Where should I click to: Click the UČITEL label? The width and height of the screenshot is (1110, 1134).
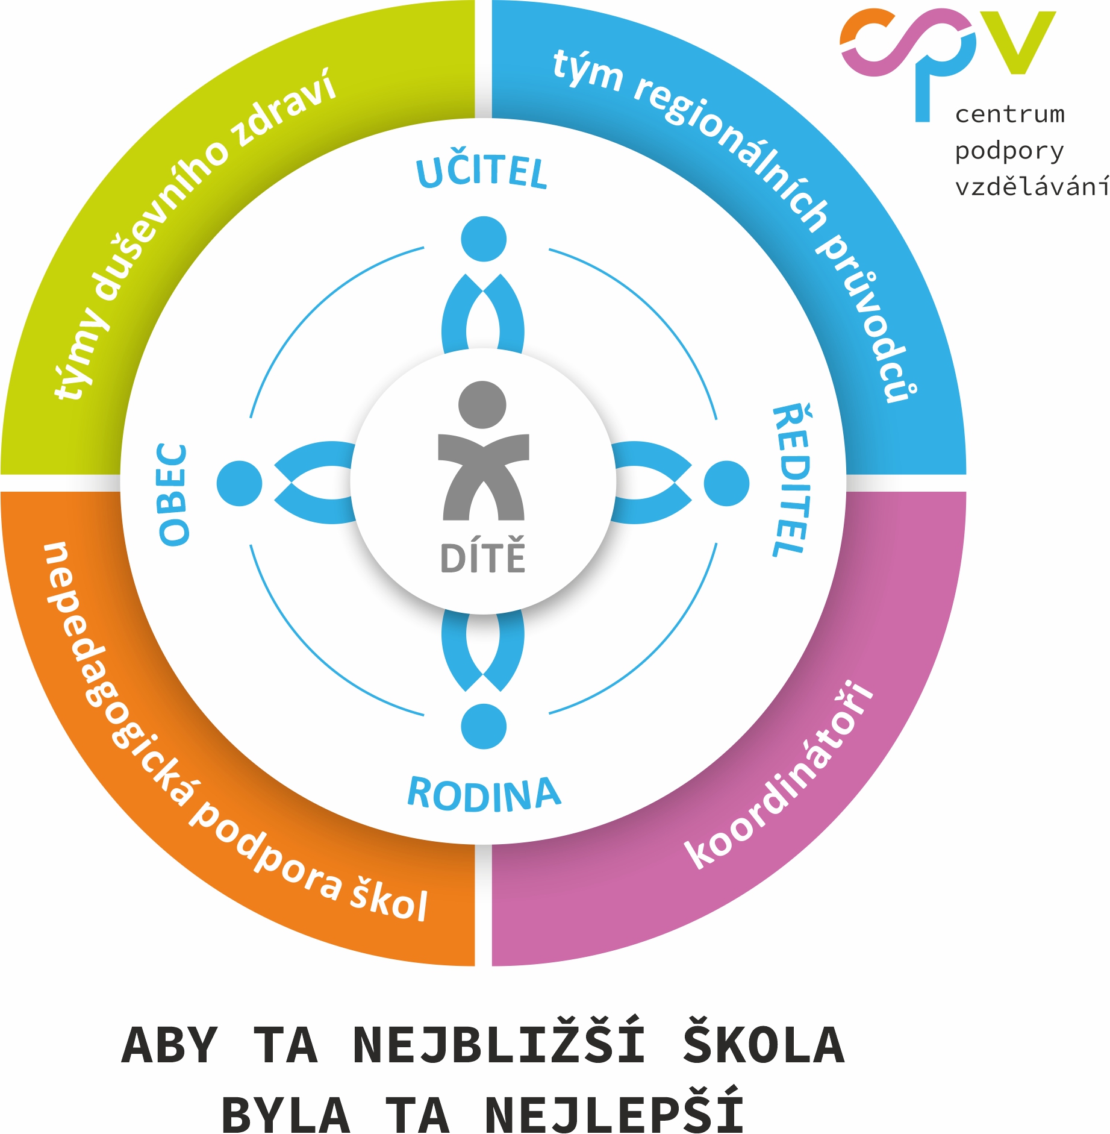tap(482, 172)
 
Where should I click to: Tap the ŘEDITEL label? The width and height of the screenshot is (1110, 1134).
tap(791, 481)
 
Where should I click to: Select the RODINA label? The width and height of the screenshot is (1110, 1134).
tap(484, 793)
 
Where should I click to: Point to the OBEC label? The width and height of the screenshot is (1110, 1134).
tap(173, 494)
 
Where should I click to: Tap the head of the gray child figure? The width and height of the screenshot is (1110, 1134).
tap(482, 404)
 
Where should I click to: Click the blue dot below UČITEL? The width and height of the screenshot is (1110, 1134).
tap(484, 239)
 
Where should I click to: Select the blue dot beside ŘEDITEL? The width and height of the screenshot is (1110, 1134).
tap(726, 483)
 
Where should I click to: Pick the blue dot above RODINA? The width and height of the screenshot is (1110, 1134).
tap(484, 726)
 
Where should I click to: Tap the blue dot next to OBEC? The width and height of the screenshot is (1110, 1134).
tap(240, 483)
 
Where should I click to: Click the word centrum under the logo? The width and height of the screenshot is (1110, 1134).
tap(1009, 114)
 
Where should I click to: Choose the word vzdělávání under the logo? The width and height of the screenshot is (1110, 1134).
tap(1031, 187)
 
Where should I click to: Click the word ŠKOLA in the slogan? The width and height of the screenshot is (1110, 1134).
tap(764, 1045)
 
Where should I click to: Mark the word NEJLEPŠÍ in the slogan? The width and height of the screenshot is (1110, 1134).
tap(614, 1114)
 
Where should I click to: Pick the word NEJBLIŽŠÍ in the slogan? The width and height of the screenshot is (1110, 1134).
tap(499, 1045)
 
